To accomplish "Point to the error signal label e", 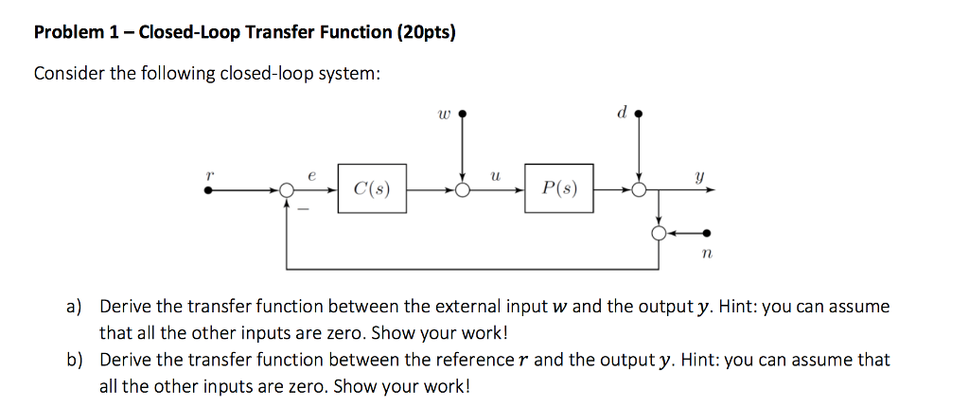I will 311,175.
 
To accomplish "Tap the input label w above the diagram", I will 444,115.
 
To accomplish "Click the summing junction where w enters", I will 462,190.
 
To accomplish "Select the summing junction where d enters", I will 640,190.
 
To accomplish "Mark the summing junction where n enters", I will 659,233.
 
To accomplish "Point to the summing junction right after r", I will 286,190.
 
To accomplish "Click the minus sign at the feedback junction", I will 304,210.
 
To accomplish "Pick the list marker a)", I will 74,307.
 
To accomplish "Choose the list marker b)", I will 74,360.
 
